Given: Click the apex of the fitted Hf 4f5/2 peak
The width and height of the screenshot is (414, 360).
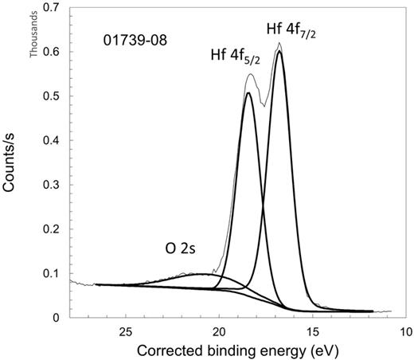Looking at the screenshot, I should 248,93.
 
